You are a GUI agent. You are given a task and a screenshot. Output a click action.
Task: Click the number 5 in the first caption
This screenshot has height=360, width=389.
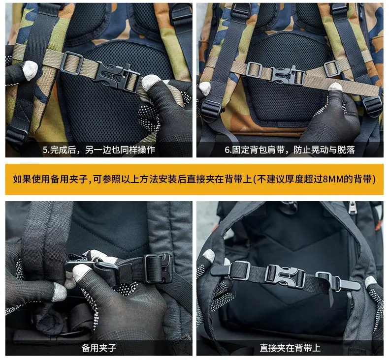pyautogui.click(x=45, y=150)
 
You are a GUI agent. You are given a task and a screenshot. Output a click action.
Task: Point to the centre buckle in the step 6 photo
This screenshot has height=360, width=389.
pyautogui.click(x=288, y=75)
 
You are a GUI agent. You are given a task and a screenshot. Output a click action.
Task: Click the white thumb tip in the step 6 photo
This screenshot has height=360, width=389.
pyautogui.click(x=335, y=87)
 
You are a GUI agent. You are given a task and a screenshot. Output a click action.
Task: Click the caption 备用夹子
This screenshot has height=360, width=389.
pyautogui.click(x=99, y=348)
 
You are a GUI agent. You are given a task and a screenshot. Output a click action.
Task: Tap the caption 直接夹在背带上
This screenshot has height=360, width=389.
pyautogui.click(x=290, y=348)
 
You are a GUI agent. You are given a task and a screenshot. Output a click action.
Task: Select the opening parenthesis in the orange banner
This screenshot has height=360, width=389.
pyautogui.click(x=255, y=179)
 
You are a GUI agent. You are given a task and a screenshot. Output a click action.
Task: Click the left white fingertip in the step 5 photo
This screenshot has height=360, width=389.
pyautogui.click(x=31, y=70)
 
